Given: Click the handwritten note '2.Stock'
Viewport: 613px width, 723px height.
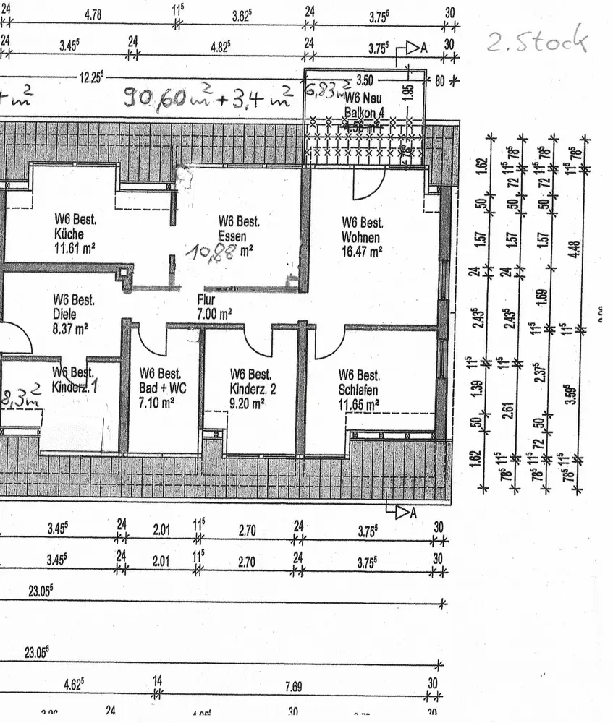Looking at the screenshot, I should [x=536, y=42].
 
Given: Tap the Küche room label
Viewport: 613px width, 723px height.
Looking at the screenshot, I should [x=69, y=234].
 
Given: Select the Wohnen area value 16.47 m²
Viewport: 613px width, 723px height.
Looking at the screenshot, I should [x=362, y=252].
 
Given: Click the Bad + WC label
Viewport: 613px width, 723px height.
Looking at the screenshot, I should [x=163, y=388].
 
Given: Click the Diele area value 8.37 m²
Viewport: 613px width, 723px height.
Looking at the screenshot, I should [x=71, y=328].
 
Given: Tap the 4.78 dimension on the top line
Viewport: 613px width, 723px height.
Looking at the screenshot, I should [x=93, y=14].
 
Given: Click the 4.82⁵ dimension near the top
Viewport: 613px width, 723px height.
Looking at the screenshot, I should [x=220, y=46].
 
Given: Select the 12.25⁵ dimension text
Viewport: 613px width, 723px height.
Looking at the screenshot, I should [x=93, y=75].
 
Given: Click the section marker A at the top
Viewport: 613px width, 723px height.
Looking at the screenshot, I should [x=426, y=48].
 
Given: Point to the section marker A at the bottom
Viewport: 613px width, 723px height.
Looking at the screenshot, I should [x=414, y=513].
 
